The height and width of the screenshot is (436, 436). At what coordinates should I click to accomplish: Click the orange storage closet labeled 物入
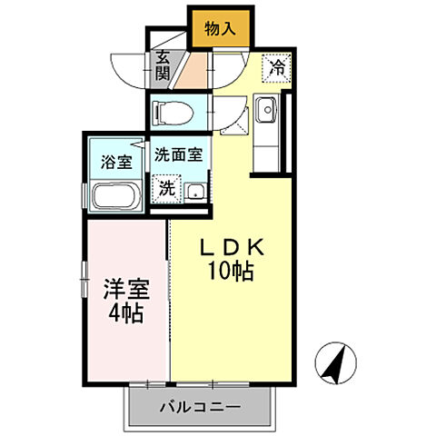point(220,27)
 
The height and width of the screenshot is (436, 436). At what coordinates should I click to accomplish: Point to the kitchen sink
point(266,114)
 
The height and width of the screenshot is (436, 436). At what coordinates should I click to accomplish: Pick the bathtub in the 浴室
point(114,195)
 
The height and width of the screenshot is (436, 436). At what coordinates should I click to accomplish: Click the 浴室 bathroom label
point(115,163)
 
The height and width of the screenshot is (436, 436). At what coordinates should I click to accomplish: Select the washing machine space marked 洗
point(167,189)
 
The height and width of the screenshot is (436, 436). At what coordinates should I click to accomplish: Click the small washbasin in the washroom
point(194,191)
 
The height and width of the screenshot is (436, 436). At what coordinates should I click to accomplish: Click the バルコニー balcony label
point(203,407)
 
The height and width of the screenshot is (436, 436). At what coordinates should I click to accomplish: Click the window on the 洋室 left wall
point(84,277)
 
